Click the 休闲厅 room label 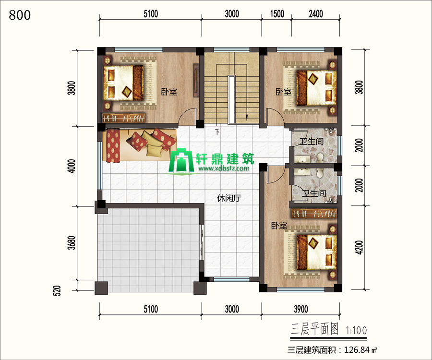coord(229,198)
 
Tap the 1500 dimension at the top coord(277,14)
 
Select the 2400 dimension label coord(316,14)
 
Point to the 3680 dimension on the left coord(72,243)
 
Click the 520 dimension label coord(57,290)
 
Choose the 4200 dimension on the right coord(359,247)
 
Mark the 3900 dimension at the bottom coord(301,309)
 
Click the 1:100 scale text coord(356,330)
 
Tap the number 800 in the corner coord(20,15)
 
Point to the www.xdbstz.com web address coord(223,168)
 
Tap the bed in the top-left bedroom coord(123,83)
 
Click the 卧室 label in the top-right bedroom coord(284,92)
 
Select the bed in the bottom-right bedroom coord(317,252)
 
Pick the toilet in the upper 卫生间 coord(320,157)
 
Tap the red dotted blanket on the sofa coord(113,146)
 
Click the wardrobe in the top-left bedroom coord(124,118)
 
